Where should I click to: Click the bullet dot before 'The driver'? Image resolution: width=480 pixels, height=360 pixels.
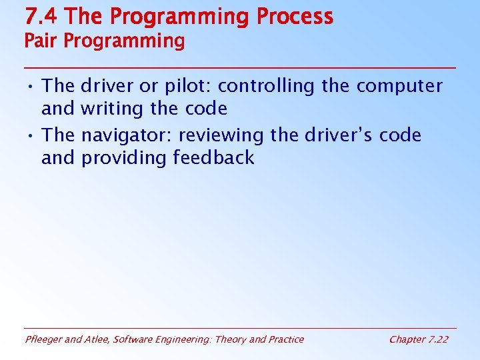pos(31,87)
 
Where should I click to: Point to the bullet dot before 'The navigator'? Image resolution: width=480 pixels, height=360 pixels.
pos(31,136)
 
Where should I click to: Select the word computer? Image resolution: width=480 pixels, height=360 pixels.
pos(399,87)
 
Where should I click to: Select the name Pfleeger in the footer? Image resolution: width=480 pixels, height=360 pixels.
pos(44,339)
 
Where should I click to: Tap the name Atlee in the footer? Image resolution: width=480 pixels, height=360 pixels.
pos(97,339)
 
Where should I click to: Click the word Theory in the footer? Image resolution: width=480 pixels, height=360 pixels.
pos(231,339)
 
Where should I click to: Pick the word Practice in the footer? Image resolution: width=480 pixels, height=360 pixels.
pos(285,339)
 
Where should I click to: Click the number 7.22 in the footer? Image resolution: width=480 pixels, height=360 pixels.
pos(437,339)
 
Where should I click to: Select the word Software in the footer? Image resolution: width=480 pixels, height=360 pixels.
pos(133,339)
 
